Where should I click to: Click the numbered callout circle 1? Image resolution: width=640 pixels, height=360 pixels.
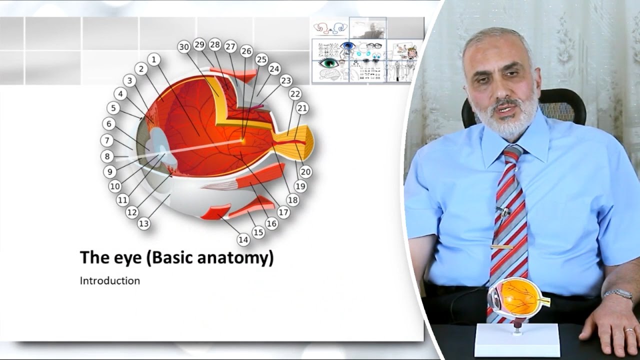tap(154, 59)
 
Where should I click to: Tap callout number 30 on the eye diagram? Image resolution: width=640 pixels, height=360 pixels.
tap(184, 47)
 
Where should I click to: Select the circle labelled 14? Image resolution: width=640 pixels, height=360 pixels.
tap(243, 240)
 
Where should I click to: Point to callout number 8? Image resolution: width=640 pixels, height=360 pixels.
tap(107, 156)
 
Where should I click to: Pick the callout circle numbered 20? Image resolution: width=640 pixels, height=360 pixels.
tap(305, 172)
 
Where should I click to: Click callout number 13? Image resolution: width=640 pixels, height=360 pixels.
tap(144, 223)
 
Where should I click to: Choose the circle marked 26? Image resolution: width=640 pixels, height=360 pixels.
tap(246, 51)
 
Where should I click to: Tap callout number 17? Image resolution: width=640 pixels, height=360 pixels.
tap(283, 212)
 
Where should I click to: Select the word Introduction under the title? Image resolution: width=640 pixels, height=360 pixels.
tap(109, 280)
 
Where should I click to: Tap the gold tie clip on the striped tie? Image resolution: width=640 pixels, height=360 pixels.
tap(502, 246)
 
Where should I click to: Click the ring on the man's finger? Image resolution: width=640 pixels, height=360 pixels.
tap(629, 330)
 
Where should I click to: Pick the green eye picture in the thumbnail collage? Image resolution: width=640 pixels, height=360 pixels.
tap(328, 63)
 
